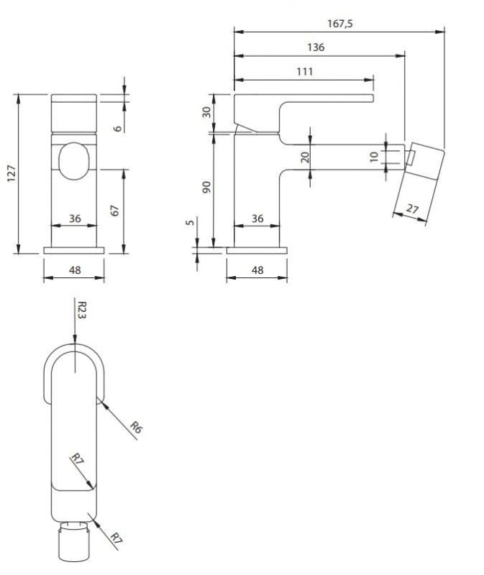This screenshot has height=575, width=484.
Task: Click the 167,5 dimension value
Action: [x=339, y=24]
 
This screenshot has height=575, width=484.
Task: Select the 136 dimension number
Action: [x=316, y=47]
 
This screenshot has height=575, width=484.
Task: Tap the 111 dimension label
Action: [x=304, y=71]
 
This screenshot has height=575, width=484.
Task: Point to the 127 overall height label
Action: [x=12, y=173]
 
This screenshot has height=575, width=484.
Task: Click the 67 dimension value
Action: [x=115, y=211]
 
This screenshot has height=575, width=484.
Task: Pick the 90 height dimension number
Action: [x=207, y=187]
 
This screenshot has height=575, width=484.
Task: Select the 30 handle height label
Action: [x=207, y=112]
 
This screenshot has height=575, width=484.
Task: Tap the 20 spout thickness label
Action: [x=305, y=157]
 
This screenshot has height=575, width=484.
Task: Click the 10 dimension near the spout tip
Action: [x=373, y=157]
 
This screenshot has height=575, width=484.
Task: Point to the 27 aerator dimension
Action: [x=413, y=208]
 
